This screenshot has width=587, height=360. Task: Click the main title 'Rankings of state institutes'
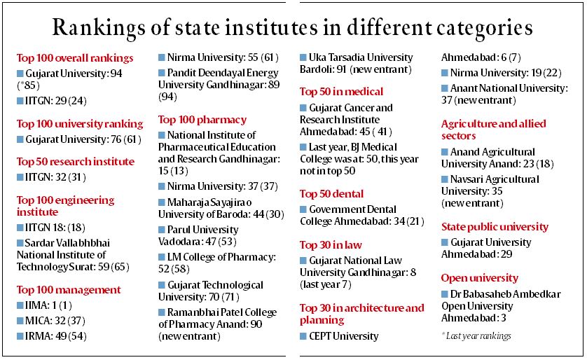click(x=293, y=27)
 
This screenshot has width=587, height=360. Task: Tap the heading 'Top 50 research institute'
click(x=76, y=161)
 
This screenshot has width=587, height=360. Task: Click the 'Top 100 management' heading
click(x=69, y=289)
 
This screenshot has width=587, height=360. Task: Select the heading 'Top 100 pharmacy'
click(x=202, y=119)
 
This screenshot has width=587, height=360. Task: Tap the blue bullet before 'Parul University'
click(x=162, y=230)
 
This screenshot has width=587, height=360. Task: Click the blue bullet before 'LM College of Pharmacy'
click(x=162, y=256)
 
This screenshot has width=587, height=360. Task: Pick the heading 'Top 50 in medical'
click(x=341, y=91)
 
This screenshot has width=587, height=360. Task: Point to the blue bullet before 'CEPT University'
click(x=303, y=336)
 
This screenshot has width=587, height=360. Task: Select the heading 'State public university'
click(x=495, y=226)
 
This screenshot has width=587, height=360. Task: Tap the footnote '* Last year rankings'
click(x=476, y=336)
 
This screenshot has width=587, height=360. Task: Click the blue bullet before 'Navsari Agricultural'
click(x=445, y=179)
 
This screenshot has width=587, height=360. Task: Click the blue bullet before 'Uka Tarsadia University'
click(x=303, y=57)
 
